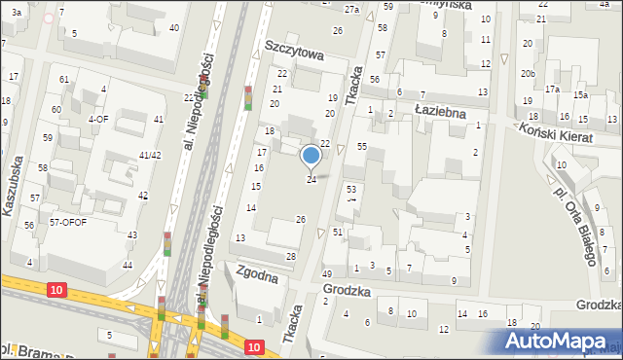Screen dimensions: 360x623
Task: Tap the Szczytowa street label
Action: point(293,56)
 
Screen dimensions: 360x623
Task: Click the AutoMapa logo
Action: point(560,342)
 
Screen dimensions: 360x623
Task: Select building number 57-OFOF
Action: point(68,222)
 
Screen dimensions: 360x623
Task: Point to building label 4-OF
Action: point(97,119)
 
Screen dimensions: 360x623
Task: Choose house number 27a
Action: point(351,9)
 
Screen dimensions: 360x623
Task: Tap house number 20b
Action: point(527,74)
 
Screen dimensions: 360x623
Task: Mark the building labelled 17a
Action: point(552,89)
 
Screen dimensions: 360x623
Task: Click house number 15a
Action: point(580,95)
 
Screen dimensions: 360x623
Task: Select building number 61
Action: point(63,79)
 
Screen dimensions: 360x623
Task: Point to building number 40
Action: point(173,27)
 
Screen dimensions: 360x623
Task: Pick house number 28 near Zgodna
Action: point(290,256)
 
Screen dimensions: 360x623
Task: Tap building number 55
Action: point(361,146)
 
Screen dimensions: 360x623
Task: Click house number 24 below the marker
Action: point(311,180)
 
